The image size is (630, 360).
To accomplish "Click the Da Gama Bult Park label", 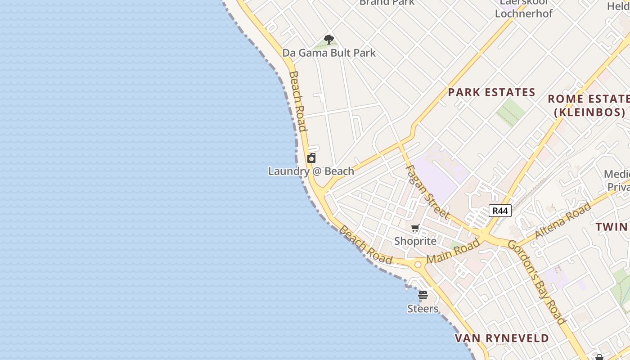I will [329, 53].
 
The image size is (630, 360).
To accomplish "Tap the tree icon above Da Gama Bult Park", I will [329, 39].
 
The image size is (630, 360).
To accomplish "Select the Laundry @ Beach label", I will [311, 171].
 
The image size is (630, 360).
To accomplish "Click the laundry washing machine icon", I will [311, 158].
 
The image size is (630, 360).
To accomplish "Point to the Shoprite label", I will [415, 241].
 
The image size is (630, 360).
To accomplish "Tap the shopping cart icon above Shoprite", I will [415, 228].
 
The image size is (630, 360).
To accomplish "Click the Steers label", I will [423, 309].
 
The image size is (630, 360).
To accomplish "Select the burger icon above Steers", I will [423, 296].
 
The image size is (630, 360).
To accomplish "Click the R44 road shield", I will [500, 211].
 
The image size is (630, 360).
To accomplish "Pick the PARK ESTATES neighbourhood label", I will [491, 93].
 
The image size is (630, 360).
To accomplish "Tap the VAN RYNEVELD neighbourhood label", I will [502, 338].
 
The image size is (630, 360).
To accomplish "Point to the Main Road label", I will [453, 252].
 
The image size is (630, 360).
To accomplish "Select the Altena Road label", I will [562, 220].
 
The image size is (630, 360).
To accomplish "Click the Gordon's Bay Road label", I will [536, 282].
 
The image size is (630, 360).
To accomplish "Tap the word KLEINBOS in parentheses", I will [589, 112].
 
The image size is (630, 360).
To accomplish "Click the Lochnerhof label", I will [523, 13].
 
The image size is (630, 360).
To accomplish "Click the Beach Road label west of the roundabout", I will [365, 245].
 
